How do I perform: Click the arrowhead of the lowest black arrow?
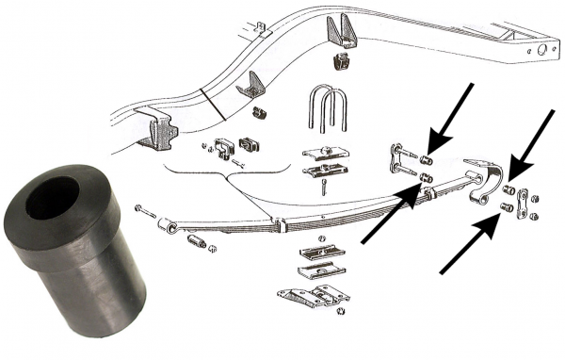[494, 224]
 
